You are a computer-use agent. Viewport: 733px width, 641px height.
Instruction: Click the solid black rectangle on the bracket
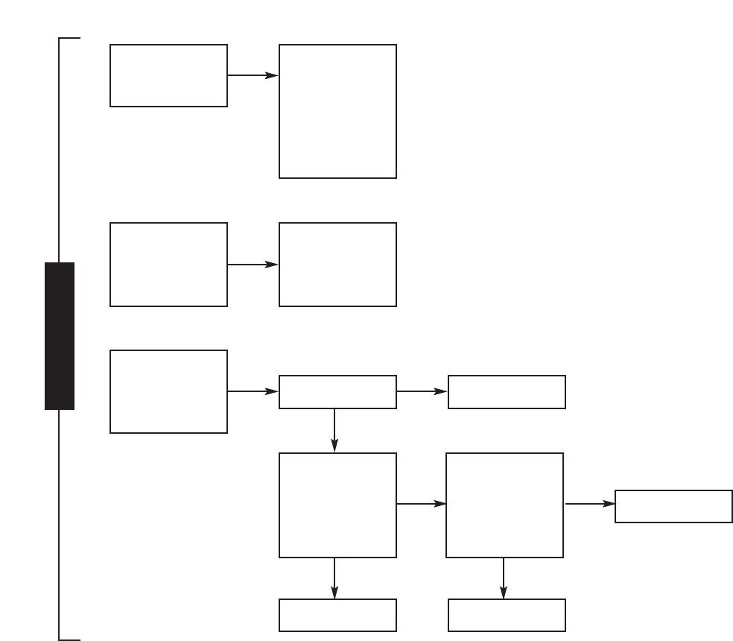point(60,335)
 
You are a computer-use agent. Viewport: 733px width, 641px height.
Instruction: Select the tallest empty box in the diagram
point(337,111)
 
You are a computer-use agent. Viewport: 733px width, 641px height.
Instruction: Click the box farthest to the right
point(673,506)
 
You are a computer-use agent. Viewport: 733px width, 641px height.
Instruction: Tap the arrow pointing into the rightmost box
point(590,505)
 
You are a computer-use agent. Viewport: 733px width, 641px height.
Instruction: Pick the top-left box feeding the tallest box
point(168,75)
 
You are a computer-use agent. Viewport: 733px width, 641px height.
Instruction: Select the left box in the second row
point(168,264)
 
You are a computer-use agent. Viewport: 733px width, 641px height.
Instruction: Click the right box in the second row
point(337,264)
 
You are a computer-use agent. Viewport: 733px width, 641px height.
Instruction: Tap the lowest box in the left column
point(168,391)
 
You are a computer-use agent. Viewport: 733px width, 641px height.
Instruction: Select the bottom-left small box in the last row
point(337,615)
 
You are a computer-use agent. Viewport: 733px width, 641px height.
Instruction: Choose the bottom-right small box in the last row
point(507,615)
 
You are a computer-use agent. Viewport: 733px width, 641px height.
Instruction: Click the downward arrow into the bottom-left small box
point(334,578)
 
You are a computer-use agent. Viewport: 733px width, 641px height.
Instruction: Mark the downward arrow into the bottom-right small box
point(504,578)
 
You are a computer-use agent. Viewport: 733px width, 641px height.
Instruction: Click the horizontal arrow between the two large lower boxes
point(421,505)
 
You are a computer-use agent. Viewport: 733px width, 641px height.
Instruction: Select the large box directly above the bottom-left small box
point(337,505)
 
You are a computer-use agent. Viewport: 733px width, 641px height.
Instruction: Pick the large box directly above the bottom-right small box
point(504,505)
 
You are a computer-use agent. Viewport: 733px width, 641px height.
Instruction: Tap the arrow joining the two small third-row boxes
point(422,391)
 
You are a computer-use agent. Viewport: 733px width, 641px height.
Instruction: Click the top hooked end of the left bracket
point(69,37)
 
